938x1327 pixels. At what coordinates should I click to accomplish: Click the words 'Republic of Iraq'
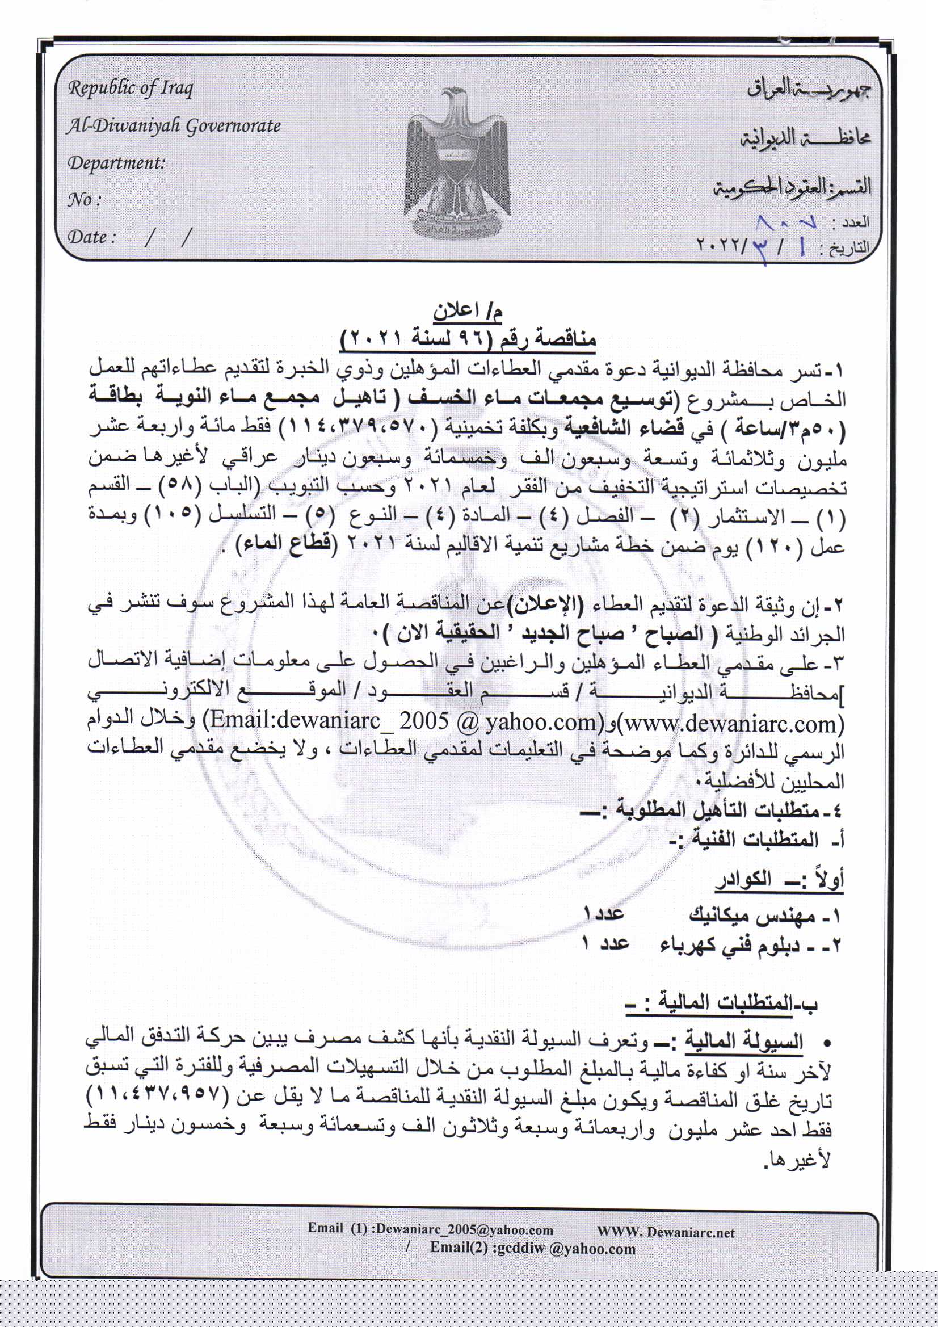click(x=131, y=89)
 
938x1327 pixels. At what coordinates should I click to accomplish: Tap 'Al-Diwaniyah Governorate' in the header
click(x=174, y=125)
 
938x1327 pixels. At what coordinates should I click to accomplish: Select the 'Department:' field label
click(x=116, y=162)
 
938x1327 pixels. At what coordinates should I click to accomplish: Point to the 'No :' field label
click(x=85, y=199)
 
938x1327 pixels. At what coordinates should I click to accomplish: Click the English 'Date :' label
click(x=92, y=236)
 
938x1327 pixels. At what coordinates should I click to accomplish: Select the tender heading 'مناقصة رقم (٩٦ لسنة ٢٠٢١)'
click(x=469, y=337)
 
